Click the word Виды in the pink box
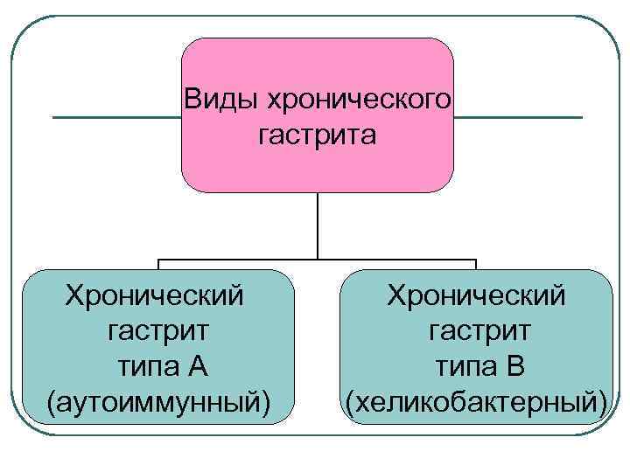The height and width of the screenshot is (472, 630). [x=213, y=99]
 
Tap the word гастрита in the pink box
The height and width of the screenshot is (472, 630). [x=317, y=135]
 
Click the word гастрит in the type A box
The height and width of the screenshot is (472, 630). [x=157, y=330]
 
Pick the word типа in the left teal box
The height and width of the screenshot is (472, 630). [x=139, y=365]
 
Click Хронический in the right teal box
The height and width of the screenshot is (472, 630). [x=477, y=295]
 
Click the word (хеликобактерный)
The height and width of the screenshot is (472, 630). [x=477, y=401]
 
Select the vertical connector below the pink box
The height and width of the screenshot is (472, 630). [x=317, y=225]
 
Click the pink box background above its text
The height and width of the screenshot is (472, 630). [x=317, y=61]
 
